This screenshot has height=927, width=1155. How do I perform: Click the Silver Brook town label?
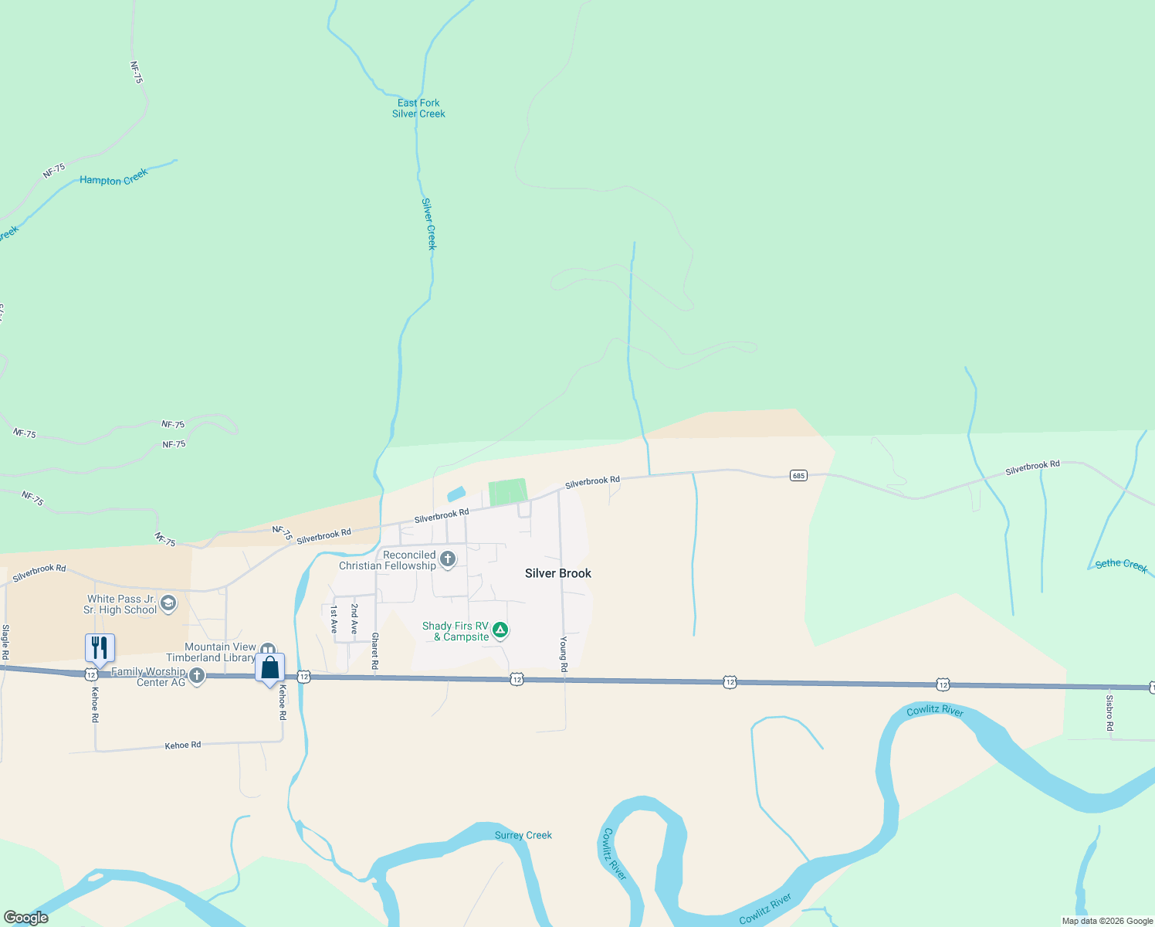pos(557,573)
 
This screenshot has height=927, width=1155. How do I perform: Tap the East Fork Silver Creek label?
pos(418,108)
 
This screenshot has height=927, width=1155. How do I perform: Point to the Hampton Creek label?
pos(113,178)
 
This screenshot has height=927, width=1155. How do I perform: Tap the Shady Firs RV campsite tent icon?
pos(500,630)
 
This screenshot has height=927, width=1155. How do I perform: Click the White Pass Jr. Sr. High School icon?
pos(168,603)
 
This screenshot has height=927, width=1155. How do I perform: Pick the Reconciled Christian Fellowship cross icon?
pos(447,559)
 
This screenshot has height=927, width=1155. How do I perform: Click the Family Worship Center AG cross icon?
pos(197,676)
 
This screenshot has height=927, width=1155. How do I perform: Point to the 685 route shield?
pos(798,475)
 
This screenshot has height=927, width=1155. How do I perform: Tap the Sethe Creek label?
pos(1121,565)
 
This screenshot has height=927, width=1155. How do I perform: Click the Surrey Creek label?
pos(523,835)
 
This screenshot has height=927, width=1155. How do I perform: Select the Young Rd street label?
pos(564,654)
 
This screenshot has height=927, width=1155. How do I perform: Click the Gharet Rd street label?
pos(375,651)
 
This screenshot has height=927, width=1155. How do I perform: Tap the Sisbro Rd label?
pos(1109,713)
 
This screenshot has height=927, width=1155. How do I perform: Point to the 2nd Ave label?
pos(354,619)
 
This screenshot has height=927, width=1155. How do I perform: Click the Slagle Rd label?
pos(5,642)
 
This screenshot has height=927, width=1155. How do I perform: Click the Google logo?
pos(25,918)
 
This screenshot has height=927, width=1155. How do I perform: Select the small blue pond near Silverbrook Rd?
pos(456,494)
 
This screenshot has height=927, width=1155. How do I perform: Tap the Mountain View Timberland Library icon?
pos(268,650)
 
